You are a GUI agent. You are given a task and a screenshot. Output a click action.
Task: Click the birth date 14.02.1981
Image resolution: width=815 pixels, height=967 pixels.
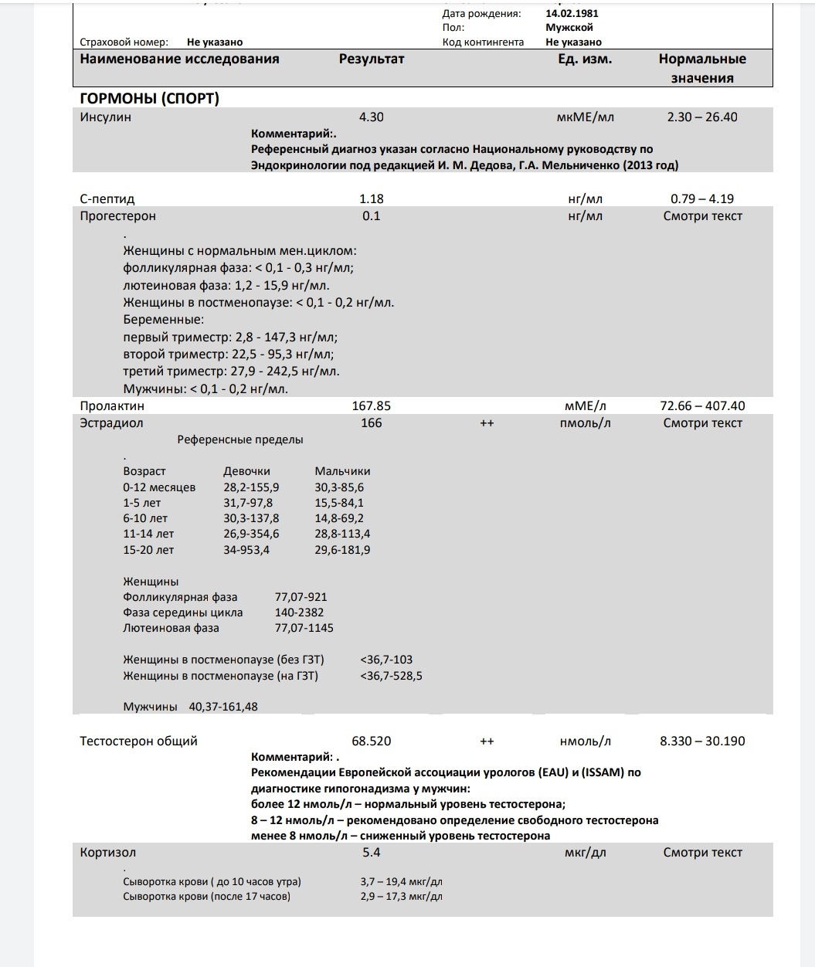(x=572, y=13)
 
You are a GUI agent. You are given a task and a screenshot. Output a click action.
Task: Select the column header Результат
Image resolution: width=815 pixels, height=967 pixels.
(x=372, y=59)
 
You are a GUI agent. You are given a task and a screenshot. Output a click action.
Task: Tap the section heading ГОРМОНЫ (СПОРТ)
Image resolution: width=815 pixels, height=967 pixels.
(x=149, y=98)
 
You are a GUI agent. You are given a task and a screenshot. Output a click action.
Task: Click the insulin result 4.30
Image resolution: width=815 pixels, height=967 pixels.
(x=372, y=117)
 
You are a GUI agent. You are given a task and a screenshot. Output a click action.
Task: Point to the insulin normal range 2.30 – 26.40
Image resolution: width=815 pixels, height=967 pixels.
(x=702, y=117)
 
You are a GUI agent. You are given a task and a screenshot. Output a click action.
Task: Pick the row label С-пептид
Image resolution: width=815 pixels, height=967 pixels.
(x=107, y=198)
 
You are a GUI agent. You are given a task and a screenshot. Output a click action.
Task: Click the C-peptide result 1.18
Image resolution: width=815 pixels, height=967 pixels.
(x=372, y=198)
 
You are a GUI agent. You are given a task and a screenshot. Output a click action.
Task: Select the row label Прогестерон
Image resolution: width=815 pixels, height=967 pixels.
(x=118, y=215)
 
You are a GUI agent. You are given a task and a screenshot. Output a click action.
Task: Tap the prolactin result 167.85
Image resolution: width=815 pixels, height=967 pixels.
(x=372, y=405)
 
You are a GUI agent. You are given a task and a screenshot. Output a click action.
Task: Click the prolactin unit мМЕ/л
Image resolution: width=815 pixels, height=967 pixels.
(x=585, y=405)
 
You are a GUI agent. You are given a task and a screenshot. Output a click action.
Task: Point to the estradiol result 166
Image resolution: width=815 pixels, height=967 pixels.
(x=372, y=422)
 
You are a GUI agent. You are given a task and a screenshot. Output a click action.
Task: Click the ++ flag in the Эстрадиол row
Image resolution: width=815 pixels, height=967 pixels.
(x=487, y=422)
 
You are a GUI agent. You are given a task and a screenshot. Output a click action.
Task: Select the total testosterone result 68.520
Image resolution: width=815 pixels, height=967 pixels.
(x=372, y=741)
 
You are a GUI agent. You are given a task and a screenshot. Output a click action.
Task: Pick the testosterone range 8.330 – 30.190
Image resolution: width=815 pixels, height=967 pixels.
(x=702, y=741)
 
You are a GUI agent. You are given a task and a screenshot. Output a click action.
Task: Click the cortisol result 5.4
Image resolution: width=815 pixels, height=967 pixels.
(x=372, y=853)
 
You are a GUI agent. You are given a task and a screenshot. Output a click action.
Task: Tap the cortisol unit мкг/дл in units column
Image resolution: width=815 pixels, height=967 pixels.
(x=585, y=853)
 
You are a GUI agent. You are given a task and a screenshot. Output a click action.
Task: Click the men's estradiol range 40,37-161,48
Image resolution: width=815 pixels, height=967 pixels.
(x=219, y=707)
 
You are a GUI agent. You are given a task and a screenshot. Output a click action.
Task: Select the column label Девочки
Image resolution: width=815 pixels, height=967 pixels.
(x=246, y=471)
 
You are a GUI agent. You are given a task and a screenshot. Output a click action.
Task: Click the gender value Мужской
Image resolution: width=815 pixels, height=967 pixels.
(x=569, y=27)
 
